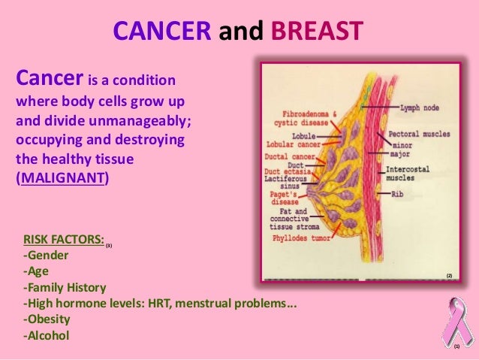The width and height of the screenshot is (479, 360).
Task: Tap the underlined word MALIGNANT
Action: pyautogui.click(x=62, y=180)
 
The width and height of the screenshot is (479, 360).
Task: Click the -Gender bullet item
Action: pyautogui.click(x=48, y=256)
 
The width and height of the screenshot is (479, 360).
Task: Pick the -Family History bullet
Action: pyautogui.click(x=65, y=287)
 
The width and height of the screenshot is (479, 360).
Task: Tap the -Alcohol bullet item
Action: pyautogui.click(x=47, y=335)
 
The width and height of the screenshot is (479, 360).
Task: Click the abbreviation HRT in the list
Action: pyautogui.click(x=164, y=304)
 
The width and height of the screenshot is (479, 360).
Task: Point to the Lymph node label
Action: pyautogui.click(x=422, y=107)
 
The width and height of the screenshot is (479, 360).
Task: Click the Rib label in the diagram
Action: pyautogui.click(x=399, y=194)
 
